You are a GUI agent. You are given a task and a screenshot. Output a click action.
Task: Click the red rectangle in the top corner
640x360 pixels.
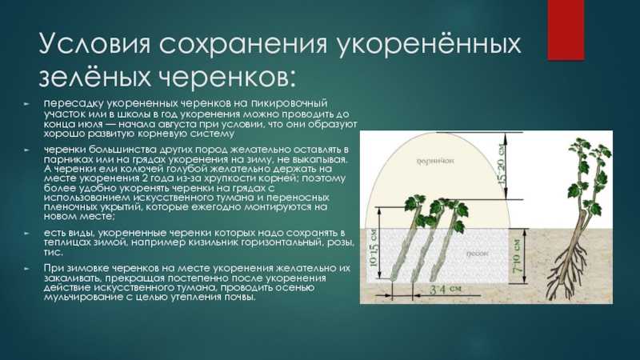566,30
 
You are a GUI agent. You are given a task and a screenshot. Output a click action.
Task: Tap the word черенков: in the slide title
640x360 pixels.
226,76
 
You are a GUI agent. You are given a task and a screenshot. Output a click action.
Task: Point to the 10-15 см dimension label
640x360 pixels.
374,248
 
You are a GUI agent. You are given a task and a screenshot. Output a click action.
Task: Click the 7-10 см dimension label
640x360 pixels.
517,256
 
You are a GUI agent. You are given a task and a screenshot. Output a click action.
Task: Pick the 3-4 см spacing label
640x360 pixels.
446,290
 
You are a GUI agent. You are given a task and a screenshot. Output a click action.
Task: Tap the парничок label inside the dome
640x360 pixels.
435,161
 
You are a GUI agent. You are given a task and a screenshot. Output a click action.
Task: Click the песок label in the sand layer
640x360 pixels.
477,254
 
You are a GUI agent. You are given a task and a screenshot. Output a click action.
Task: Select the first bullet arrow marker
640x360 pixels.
26,104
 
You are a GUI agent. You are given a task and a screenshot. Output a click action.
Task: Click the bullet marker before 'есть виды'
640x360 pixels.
26,234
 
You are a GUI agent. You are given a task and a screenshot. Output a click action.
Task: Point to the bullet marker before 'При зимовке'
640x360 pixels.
26,269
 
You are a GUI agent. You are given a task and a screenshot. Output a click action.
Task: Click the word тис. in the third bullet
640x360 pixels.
54,252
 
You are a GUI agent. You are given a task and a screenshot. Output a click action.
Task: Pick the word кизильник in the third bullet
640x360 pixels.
213,243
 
